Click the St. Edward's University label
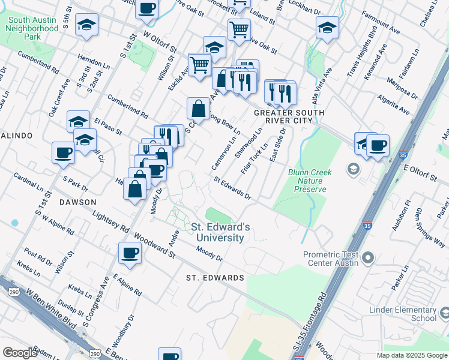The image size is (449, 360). (217, 232)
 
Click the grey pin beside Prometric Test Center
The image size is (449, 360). (369, 259)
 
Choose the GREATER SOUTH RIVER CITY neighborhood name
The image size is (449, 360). (289, 116)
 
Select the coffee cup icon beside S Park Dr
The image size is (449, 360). (63, 152)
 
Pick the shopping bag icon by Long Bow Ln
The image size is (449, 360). (198, 108)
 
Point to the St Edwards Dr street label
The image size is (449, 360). (232, 187)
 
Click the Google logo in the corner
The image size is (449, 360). (20, 353)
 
